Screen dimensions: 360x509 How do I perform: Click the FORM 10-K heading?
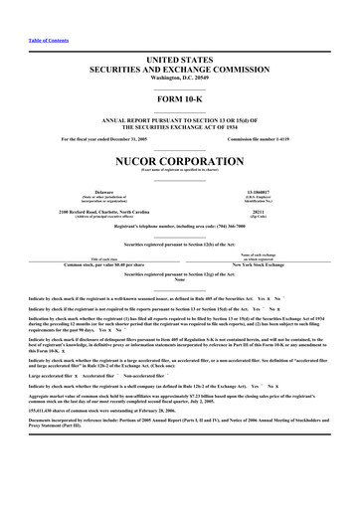click(x=179, y=101)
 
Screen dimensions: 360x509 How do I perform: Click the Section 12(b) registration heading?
click(x=179, y=244)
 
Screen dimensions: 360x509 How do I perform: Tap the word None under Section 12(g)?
click(x=179, y=279)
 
